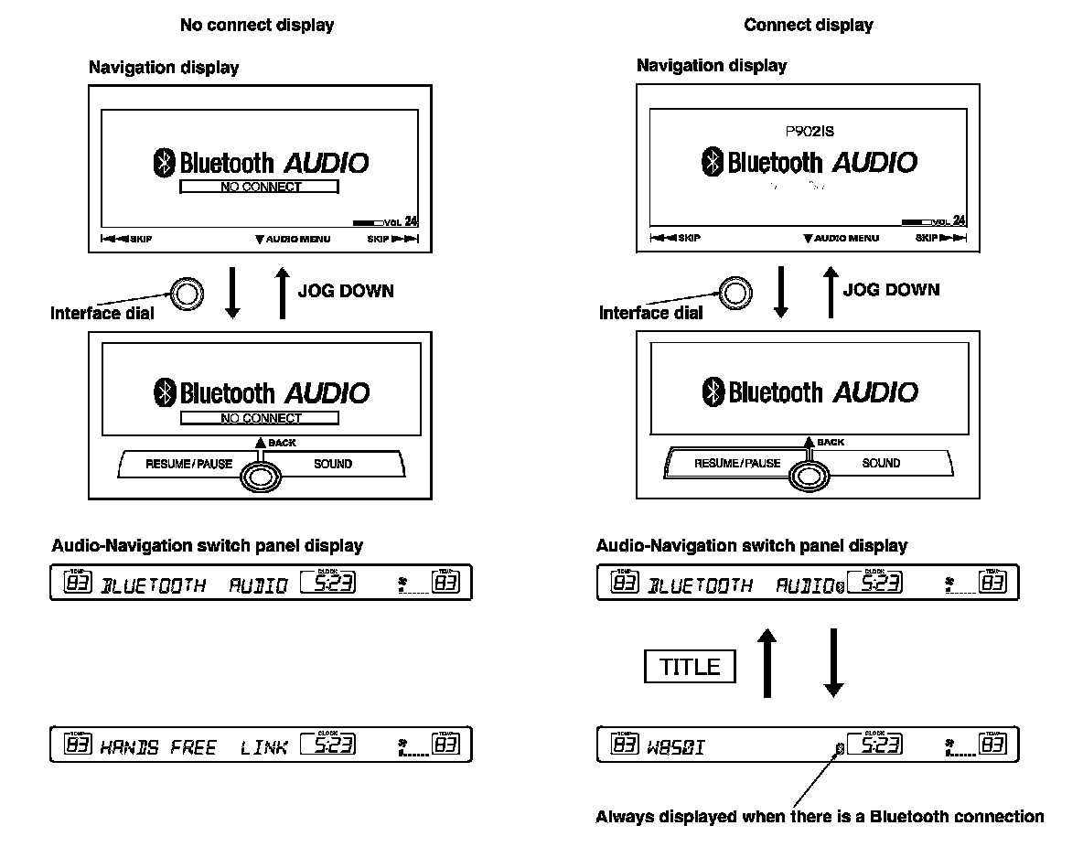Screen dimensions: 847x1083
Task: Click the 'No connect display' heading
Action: [x=256, y=26]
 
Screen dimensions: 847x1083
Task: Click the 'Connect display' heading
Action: [x=809, y=26]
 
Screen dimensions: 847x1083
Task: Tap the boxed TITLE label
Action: [x=690, y=667]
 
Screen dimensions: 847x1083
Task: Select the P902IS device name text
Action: [x=809, y=132]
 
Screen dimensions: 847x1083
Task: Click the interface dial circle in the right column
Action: [x=734, y=293]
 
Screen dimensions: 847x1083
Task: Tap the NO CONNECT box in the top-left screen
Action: [x=260, y=187]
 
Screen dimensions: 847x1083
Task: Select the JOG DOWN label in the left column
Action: [x=346, y=292]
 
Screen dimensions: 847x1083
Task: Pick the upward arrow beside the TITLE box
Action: [x=767, y=663]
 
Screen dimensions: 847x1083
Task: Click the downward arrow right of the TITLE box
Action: [x=832, y=663]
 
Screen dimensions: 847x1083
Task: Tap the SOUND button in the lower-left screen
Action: [x=333, y=464]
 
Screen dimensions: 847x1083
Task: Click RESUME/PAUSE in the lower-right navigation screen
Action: [x=737, y=463]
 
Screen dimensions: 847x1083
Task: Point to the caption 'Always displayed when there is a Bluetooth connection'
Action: [x=820, y=816]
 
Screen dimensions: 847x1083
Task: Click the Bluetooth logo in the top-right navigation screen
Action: [x=712, y=163]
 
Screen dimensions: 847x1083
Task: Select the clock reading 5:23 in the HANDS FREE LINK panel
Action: [x=327, y=746]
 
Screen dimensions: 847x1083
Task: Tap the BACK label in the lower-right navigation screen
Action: [x=831, y=443]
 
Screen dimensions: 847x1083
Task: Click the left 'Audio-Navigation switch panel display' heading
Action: [x=207, y=546]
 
